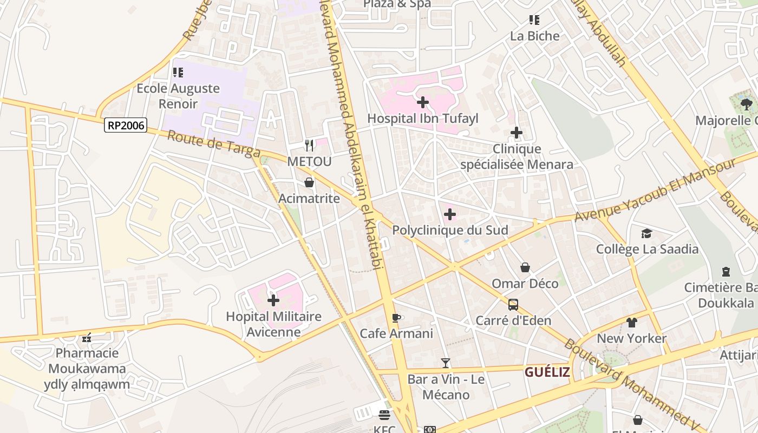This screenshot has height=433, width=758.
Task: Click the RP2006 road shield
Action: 126,126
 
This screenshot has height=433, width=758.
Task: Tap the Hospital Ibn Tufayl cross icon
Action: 423,102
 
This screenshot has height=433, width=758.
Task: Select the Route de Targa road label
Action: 214,143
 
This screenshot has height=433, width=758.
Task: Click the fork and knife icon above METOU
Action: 309,145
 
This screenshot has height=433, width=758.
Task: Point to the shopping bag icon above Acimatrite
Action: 309,182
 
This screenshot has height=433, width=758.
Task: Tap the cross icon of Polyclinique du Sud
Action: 449,214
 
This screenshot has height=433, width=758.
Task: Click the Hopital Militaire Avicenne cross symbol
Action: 273,300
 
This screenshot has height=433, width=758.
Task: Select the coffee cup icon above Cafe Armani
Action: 396,317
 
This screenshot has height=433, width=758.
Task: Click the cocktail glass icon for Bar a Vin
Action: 446,363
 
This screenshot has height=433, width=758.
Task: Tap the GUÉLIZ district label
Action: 547,372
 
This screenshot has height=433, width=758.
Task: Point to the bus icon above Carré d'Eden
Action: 513,304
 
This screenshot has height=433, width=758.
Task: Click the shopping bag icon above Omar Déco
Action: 525,267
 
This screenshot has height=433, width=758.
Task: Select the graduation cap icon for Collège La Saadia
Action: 646,233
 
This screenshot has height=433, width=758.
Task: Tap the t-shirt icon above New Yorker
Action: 632,323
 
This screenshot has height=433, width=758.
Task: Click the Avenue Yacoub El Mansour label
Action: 655,190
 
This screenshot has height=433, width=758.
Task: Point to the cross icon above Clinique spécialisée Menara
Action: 517,133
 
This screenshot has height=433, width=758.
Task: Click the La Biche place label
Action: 534,36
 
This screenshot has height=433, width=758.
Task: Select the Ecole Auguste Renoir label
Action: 178,96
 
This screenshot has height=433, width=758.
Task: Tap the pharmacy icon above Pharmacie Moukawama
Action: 87,338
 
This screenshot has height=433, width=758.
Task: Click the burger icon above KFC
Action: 384,415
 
